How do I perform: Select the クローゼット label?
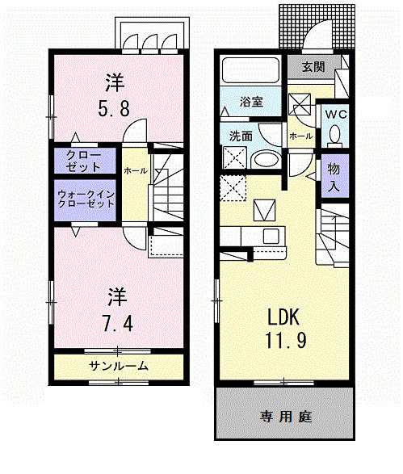pos(85,161)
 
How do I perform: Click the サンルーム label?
pos(118,366)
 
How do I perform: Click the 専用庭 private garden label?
pos(286,417)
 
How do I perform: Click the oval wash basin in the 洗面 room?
pos(263,159)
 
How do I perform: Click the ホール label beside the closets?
pos(134,170)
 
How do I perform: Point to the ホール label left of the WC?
pos(300,136)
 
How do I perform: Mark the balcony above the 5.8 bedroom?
pos(153,34)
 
